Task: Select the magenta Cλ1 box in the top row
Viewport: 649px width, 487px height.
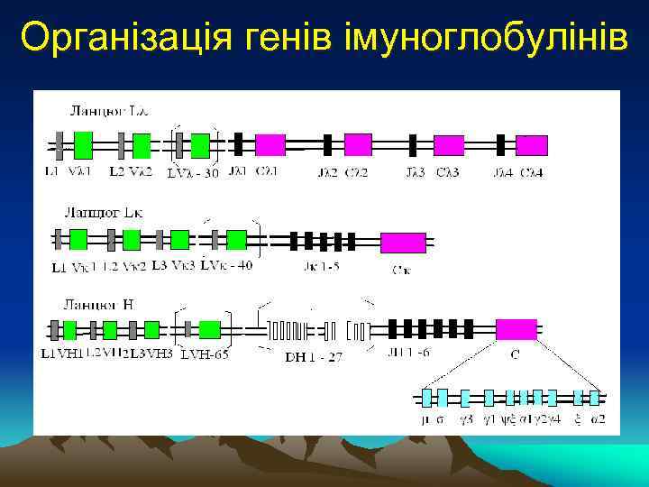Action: tap(270, 144)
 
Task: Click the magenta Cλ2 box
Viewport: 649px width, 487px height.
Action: tap(358, 144)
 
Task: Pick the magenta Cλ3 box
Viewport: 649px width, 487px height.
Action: tap(449, 145)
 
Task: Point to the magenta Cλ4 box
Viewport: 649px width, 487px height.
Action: tap(532, 145)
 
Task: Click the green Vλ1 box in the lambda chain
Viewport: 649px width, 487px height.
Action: tap(83, 144)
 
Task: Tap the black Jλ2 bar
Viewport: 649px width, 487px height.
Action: tap(327, 144)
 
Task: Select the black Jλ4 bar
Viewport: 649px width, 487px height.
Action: tap(500, 144)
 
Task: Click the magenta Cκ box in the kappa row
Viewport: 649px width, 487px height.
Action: tap(403, 242)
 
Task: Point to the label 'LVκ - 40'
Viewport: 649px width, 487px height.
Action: tap(226, 265)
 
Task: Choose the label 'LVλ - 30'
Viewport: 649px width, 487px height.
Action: tap(193, 172)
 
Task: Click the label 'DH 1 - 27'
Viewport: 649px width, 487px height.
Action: tap(314, 356)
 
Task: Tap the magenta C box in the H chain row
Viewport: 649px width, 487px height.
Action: tap(516, 329)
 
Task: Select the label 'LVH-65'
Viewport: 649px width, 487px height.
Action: tap(205, 354)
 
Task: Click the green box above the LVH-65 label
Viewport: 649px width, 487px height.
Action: tap(210, 329)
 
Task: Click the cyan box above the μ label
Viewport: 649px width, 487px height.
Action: tap(428, 397)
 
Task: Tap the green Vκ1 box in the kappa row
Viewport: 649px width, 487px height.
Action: tap(78, 239)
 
